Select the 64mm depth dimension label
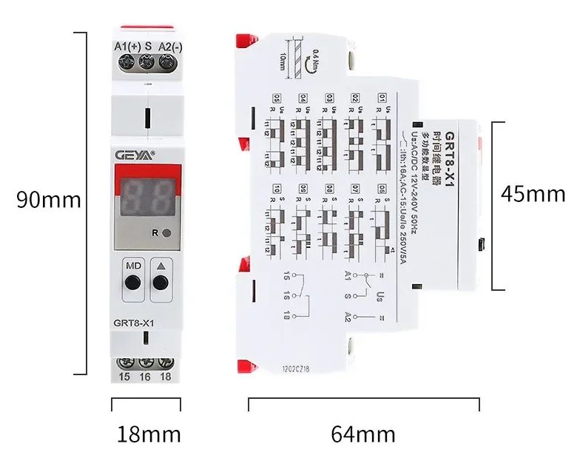[363, 434]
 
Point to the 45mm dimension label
[533, 194]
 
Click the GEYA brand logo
[133, 155]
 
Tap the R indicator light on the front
[166, 233]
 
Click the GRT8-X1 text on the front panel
[133, 322]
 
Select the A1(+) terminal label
[127, 47]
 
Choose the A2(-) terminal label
[170, 47]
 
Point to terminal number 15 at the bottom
[124, 377]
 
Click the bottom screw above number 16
[146, 363]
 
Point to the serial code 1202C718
[296, 366]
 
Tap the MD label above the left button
[133, 266]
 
